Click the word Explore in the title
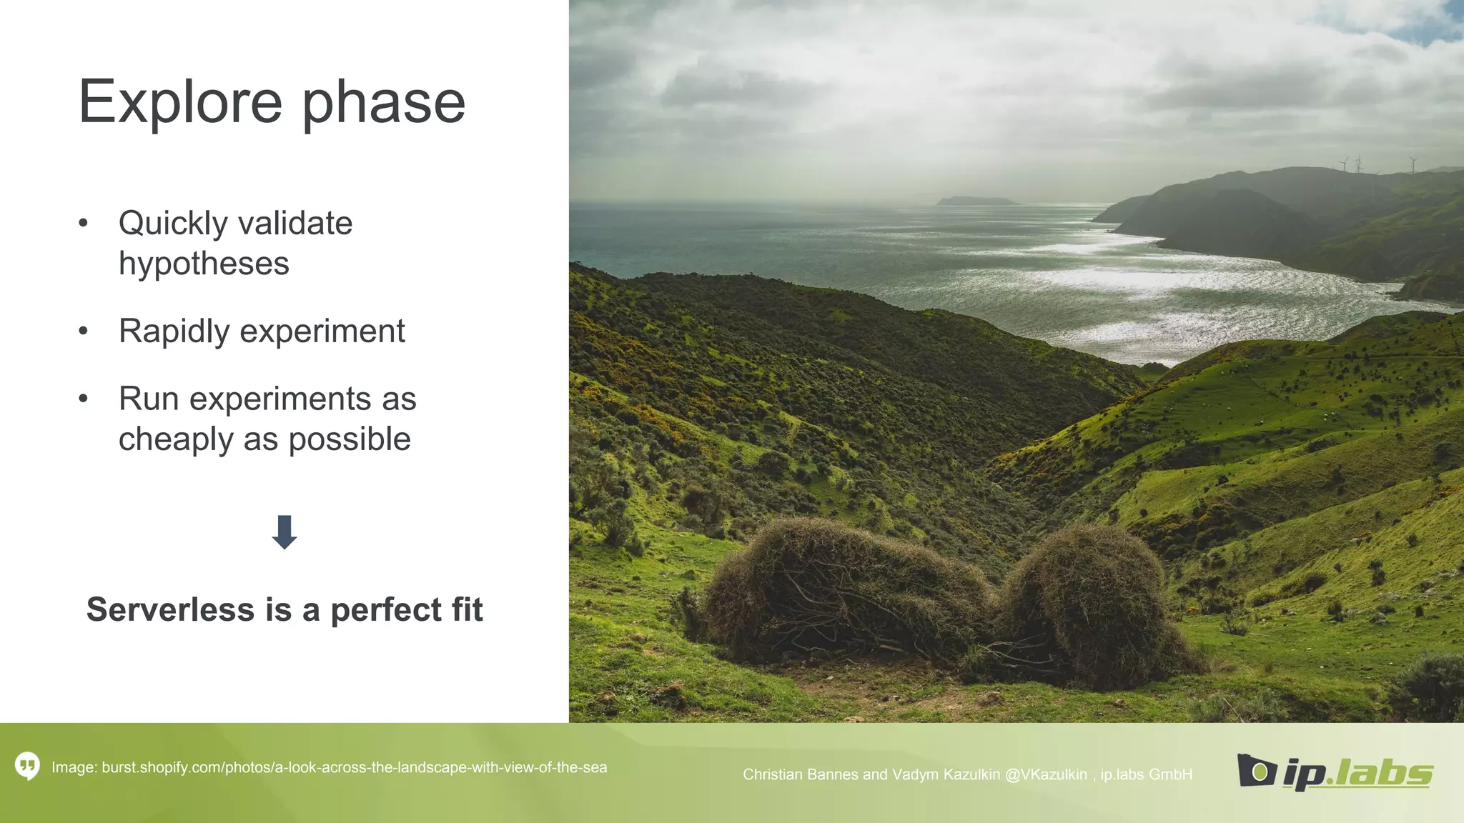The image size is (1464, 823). pyautogui.click(x=180, y=102)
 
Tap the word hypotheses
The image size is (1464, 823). pyautogui.click(x=204, y=264)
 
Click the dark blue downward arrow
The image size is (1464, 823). pyautogui.click(x=285, y=532)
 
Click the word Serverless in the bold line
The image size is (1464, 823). pyautogui.click(x=170, y=610)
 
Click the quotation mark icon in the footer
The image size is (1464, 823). pyautogui.click(x=27, y=767)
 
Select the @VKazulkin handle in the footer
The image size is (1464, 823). pyautogui.click(x=1046, y=775)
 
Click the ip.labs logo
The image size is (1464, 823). pyautogui.click(x=1335, y=772)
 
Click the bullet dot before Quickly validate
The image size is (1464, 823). pyautogui.click(x=83, y=224)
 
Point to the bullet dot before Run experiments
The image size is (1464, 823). pyautogui.click(x=83, y=399)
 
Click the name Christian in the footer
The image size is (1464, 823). pyautogui.click(x=772, y=775)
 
